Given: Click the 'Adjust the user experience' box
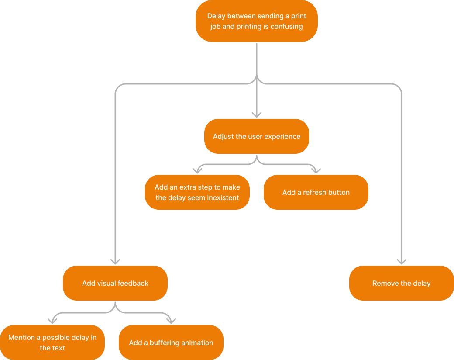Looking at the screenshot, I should point(257,136).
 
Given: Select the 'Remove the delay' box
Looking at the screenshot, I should point(401,283).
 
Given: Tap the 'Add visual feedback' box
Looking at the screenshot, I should point(115,283).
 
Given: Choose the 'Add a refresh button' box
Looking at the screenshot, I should point(316,192).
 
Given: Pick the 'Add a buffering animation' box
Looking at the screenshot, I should point(171,343).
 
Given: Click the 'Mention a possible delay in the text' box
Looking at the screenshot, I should point(52,343).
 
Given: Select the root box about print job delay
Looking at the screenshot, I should point(257,21).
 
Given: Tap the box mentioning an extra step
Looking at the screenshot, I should point(197,192).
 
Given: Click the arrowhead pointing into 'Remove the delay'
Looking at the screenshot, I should point(401,261).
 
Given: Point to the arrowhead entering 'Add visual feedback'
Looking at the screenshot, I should point(115,261).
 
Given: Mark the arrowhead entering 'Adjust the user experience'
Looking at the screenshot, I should point(257,114).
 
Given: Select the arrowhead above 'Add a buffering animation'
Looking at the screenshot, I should point(171,321).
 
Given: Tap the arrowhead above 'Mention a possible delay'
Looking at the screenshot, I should point(52,321).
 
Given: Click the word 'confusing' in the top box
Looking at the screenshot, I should point(286,27).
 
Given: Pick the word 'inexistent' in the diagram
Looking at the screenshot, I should point(223,198).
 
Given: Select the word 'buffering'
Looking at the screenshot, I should point(165,343).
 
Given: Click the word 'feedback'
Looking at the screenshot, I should point(132,284).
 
